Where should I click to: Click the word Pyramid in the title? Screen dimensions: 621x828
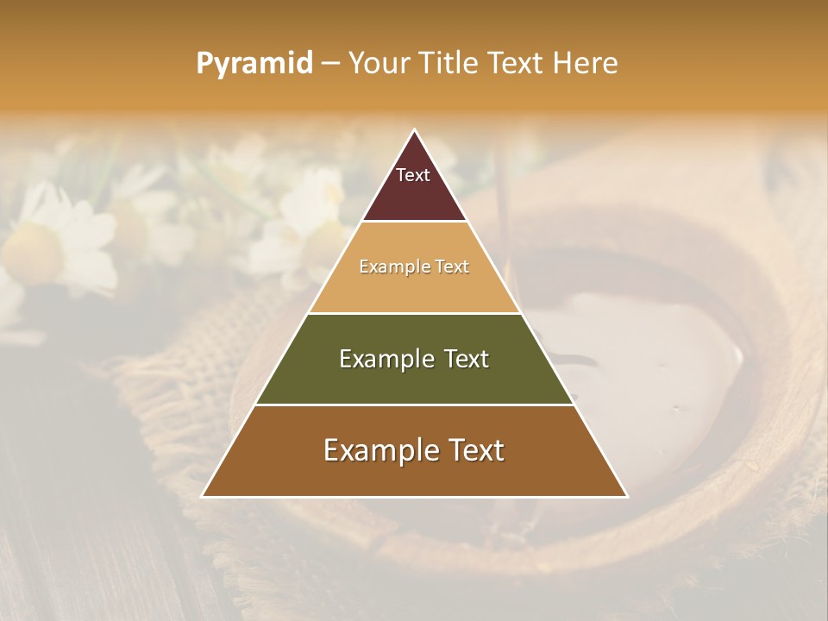click(x=254, y=64)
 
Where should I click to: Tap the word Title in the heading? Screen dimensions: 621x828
click(x=449, y=63)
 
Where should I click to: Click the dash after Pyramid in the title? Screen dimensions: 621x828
click(x=330, y=64)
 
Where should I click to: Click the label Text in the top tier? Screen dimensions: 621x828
click(x=413, y=175)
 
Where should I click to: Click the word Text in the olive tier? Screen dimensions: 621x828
click(x=461, y=359)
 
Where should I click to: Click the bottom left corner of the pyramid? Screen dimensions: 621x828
click(x=203, y=496)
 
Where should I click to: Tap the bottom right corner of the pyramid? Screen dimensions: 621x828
click(x=627, y=496)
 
